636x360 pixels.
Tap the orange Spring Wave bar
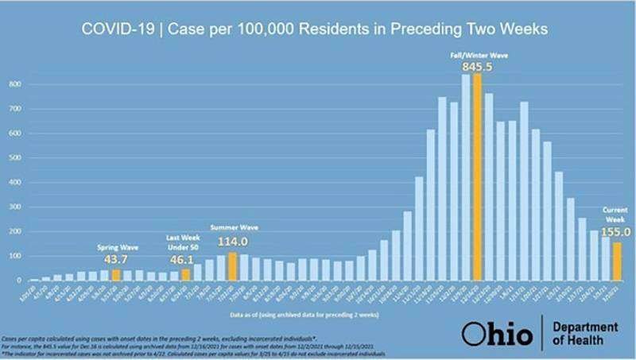(x=115, y=275)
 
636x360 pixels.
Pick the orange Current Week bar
(x=617, y=261)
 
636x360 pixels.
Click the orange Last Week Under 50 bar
(x=185, y=274)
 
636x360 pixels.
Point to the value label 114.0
(x=232, y=242)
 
